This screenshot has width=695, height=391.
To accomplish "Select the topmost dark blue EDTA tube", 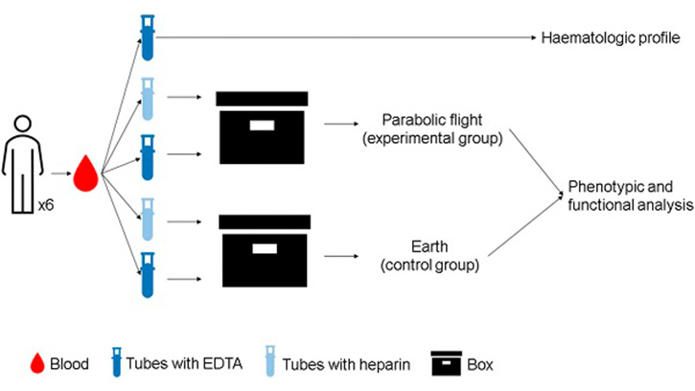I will click(x=148, y=37).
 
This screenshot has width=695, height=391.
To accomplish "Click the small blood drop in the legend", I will click(x=39, y=363).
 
